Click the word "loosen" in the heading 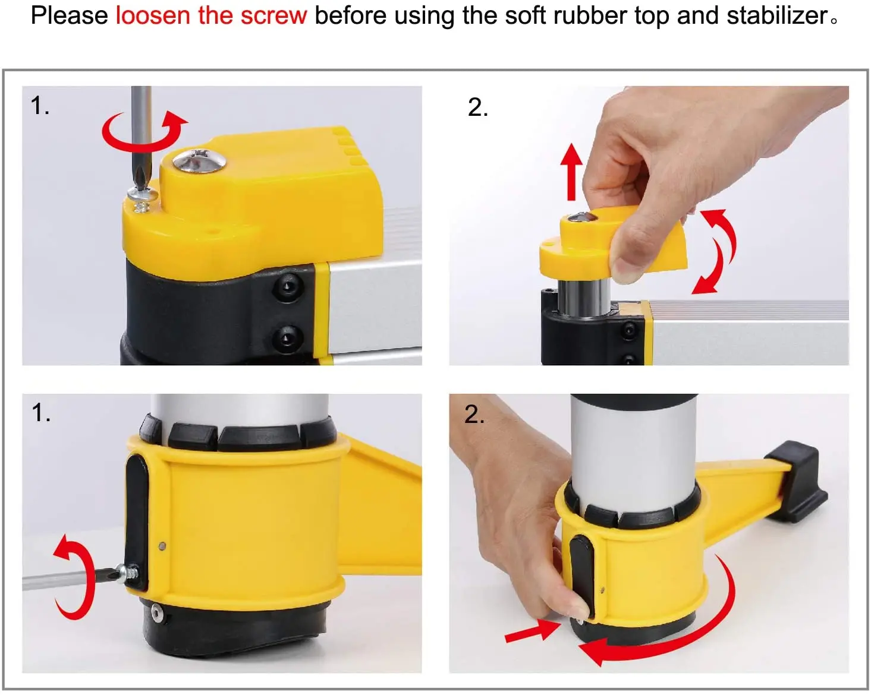coord(153,16)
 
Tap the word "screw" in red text coord(274,16)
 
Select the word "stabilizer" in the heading coord(776,16)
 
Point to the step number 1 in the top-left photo coord(39,106)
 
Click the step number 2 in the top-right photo coord(478,108)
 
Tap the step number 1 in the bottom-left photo coord(40,413)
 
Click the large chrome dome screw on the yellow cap coord(200,160)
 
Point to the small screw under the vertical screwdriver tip coord(142,199)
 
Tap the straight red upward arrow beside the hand coord(571,172)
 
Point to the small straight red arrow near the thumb coord(533,631)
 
